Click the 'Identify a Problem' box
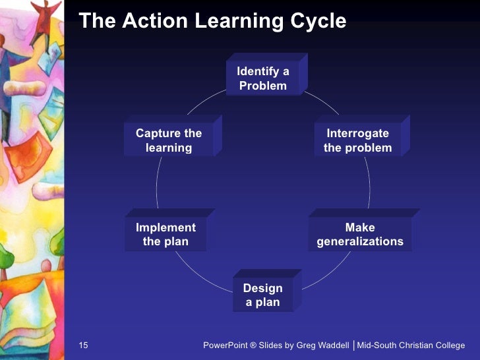(x=263, y=78)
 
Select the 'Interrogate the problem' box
(x=358, y=140)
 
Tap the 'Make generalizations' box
(x=360, y=235)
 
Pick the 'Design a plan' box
(x=263, y=295)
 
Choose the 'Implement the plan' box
(x=165, y=235)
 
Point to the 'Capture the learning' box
(x=169, y=140)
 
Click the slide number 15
(x=83, y=345)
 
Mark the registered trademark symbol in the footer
(x=254, y=345)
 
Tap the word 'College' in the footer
(x=448, y=345)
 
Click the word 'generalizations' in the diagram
(x=360, y=242)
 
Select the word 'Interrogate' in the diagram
(x=358, y=133)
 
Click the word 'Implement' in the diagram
(x=165, y=227)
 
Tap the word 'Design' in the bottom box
(x=263, y=288)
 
